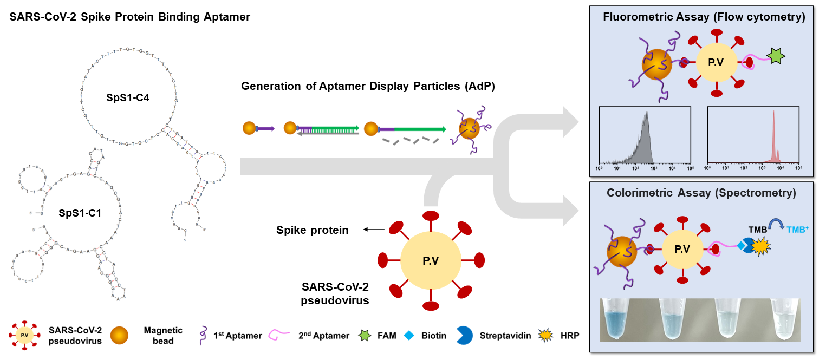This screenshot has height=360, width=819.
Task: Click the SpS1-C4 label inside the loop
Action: tap(128, 99)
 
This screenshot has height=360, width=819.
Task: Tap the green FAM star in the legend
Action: tap(367, 336)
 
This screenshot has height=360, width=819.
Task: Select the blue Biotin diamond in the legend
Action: tap(409, 336)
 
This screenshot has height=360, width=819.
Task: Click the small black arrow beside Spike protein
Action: tap(373, 230)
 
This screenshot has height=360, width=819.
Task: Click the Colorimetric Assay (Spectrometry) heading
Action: tap(701, 193)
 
